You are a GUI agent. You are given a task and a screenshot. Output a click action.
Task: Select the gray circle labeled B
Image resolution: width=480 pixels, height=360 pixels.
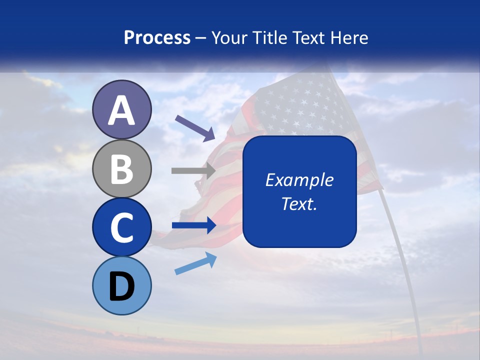point(122,168)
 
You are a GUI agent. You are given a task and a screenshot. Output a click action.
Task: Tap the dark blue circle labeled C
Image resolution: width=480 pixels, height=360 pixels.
point(122,227)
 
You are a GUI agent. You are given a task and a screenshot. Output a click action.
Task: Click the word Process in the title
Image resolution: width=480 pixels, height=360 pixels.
point(157,37)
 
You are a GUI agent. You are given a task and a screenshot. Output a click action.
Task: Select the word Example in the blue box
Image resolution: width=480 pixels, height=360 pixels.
point(299,180)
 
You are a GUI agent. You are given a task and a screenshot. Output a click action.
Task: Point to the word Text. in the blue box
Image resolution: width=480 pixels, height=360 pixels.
point(299,203)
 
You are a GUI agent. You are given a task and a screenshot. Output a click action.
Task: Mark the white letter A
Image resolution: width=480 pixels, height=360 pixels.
point(122,110)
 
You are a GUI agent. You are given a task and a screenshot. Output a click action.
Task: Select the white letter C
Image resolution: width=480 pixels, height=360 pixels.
point(122,227)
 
